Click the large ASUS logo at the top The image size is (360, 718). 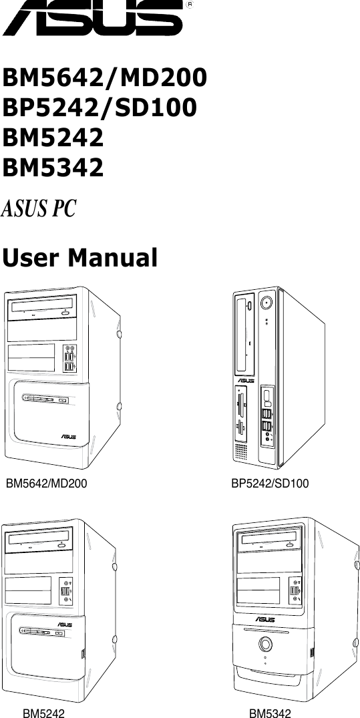[x=94, y=19]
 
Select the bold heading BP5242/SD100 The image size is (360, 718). [x=100, y=108]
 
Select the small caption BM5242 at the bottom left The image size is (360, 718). [x=44, y=714]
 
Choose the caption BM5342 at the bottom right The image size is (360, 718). [x=271, y=714]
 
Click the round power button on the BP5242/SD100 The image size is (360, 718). [x=266, y=303]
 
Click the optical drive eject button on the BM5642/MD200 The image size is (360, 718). [x=66, y=312]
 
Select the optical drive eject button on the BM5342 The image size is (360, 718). [x=291, y=544]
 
